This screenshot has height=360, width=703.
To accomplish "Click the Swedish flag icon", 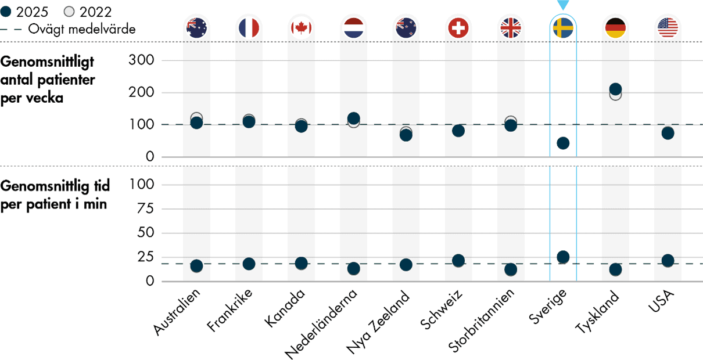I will (563, 27).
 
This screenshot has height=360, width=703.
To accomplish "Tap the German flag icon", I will (615, 27).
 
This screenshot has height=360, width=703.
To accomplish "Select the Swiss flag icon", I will (458, 27).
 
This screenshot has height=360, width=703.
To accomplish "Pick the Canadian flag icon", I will (301, 27).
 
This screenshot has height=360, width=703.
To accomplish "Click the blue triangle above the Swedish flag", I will (563, 5).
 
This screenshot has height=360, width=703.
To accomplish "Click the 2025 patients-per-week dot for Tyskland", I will (615, 89).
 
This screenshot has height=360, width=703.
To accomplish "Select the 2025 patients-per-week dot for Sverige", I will (563, 143).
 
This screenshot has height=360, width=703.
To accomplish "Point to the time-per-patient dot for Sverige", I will (563, 257).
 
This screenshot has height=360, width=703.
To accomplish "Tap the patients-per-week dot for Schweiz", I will (458, 131).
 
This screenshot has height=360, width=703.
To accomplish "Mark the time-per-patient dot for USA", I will (668, 260).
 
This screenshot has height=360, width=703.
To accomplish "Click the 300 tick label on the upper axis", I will (142, 60).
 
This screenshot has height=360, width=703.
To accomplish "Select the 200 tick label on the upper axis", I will (142, 92).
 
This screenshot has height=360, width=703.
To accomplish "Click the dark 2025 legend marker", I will (5, 12).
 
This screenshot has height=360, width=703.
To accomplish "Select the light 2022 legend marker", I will (69, 12).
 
